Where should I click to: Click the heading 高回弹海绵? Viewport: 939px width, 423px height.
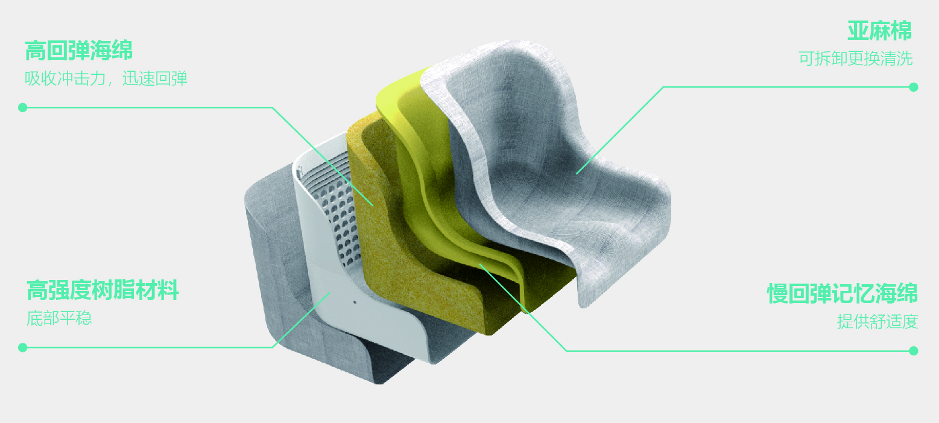(x=79, y=51)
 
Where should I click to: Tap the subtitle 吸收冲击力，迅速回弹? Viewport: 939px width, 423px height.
(x=106, y=78)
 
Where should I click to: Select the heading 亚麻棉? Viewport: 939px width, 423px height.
(x=879, y=31)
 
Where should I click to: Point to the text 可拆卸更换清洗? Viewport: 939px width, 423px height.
(x=856, y=59)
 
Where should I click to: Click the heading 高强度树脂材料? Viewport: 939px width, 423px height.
(x=103, y=290)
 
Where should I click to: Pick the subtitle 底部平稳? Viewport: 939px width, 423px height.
(x=59, y=318)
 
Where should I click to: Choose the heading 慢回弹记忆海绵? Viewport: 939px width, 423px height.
(x=842, y=293)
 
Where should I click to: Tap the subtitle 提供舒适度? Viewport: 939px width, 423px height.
(x=878, y=322)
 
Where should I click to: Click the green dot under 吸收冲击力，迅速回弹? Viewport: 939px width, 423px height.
(x=23, y=108)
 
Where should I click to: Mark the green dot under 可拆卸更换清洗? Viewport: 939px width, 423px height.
(x=914, y=87)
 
